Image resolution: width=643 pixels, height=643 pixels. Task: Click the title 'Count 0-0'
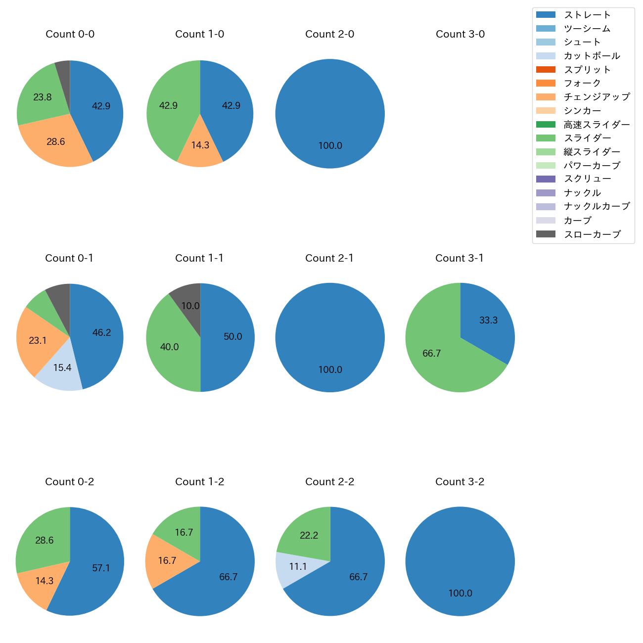pyautogui.click(x=70, y=34)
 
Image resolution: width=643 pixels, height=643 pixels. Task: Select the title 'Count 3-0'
pyautogui.click(x=460, y=34)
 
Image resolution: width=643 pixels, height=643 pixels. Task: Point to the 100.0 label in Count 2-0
pyautogui.click(x=330, y=146)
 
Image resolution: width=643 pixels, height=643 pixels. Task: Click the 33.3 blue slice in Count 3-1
pyautogui.click(x=487, y=321)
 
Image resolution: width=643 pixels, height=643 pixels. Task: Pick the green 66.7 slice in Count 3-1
pyautogui.click(x=432, y=353)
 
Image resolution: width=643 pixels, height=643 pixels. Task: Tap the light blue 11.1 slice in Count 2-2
pyautogui.click(x=297, y=567)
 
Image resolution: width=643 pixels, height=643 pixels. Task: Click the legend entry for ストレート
pyautogui.click(x=587, y=15)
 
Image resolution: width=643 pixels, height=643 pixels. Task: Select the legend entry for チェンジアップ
pyautogui.click(x=597, y=97)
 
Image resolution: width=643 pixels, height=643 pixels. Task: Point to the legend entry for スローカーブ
pyautogui.click(x=592, y=234)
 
